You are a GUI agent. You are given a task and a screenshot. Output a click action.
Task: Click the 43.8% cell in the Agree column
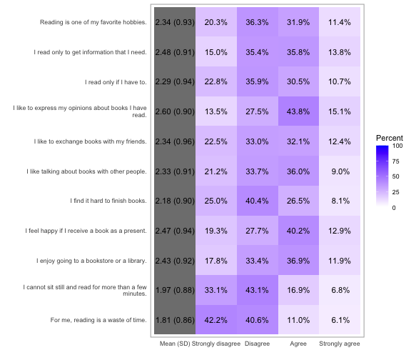click(298, 111)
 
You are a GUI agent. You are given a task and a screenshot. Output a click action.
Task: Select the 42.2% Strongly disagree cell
click(216, 320)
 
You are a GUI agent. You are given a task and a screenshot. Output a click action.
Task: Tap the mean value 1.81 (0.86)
click(175, 320)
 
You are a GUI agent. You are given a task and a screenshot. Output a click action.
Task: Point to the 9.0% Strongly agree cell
click(340, 171)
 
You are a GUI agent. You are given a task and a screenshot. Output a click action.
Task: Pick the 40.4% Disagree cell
click(258, 201)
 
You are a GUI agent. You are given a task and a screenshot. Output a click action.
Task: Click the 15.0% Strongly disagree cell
click(216, 51)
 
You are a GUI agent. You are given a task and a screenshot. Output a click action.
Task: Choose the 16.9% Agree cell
click(298, 290)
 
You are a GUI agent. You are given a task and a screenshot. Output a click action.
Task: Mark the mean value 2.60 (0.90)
click(175, 111)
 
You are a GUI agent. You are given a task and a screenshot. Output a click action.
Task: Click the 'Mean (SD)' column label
click(175, 344)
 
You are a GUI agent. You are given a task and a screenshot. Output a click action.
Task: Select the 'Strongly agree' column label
click(340, 344)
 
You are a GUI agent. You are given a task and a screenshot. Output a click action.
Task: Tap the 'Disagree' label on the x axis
click(257, 344)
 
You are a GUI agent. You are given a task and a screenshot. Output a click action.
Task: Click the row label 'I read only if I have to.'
click(116, 82)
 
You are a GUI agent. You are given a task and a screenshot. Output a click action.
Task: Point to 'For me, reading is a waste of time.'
click(98, 320)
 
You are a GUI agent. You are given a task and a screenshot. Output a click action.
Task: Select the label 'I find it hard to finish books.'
click(108, 201)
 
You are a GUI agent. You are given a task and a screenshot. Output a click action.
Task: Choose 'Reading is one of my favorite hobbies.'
click(93, 22)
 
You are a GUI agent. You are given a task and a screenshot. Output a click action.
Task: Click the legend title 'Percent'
click(390, 138)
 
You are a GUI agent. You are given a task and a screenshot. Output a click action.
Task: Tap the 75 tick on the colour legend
click(395, 161)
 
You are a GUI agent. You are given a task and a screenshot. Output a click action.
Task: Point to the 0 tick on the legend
click(394, 208)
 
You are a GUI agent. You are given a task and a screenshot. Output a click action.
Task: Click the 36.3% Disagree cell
click(258, 22)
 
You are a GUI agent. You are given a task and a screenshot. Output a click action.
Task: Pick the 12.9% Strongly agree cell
click(340, 231)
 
